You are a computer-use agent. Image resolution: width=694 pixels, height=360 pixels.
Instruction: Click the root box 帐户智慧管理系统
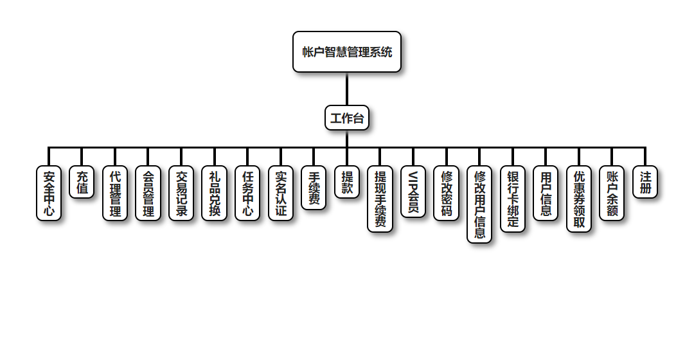[347, 52]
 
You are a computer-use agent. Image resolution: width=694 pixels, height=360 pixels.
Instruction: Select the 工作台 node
[347, 118]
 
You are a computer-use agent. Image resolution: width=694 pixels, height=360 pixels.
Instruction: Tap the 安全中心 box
[49, 194]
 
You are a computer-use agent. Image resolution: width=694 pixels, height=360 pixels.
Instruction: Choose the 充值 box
[82, 183]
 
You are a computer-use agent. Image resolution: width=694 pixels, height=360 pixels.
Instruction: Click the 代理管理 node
[115, 194]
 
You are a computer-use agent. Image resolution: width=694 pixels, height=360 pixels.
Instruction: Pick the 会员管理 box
[148, 194]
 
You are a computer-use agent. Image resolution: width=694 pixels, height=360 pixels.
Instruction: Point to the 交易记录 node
[181, 194]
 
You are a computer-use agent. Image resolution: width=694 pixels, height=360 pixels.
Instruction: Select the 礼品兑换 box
[215, 194]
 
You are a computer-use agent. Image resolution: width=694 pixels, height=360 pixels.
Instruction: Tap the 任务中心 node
[247, 194]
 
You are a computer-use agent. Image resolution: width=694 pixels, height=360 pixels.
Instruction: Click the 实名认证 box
[281, 194]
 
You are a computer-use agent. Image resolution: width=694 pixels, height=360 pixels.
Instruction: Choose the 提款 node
[347, 183]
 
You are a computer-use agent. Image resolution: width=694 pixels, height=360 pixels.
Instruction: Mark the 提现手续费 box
[380, 199]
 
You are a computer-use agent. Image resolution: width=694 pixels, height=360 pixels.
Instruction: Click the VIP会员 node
[413, 192]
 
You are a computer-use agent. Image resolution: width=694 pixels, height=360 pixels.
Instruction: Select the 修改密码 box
[446, 194]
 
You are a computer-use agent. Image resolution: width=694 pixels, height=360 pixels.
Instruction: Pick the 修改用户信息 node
[479, 204]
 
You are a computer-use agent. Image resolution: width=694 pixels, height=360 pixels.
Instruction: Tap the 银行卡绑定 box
[513, 199]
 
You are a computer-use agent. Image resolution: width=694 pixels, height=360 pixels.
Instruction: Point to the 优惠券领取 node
[579, 199]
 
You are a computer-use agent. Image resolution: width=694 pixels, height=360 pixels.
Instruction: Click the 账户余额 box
[612, 194]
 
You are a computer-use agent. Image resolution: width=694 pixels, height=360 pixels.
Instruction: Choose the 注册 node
[645, 183]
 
